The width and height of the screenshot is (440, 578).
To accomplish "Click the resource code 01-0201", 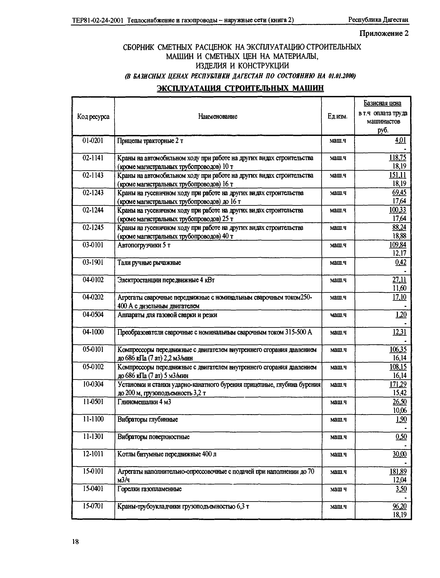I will [93, 141].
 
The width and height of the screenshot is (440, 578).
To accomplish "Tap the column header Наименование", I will [218, 116].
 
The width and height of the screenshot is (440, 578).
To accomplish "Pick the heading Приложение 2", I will [384, 33].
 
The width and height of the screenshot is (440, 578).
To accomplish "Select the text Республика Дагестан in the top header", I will [378, 20].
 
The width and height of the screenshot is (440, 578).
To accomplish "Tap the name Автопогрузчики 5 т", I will [144, 245].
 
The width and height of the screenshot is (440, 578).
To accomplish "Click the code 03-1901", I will [93, 262].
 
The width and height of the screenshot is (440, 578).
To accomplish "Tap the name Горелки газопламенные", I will [149, 489].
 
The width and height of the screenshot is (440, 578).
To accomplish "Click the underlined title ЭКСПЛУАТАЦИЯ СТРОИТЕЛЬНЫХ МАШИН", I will [240, 88].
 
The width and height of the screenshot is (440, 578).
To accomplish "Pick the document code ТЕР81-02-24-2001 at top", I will [98, 20].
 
